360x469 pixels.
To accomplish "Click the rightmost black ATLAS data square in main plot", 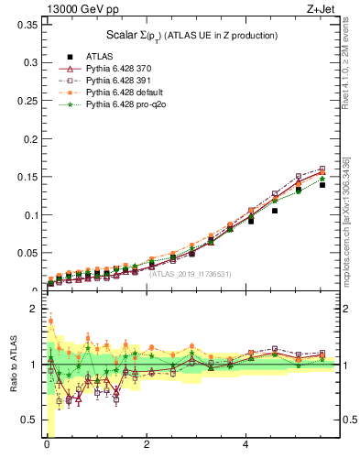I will tap(322, 184).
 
